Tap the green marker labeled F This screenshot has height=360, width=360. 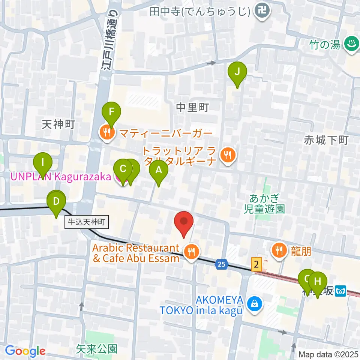111,112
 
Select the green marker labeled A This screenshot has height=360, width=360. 159,171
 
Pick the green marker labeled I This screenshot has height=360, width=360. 43,163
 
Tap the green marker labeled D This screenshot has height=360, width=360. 56,202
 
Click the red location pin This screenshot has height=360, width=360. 184,222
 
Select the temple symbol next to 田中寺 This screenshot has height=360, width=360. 261,11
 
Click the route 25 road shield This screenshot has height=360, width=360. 222,265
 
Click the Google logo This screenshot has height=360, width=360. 25,351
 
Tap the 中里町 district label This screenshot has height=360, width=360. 192,108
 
